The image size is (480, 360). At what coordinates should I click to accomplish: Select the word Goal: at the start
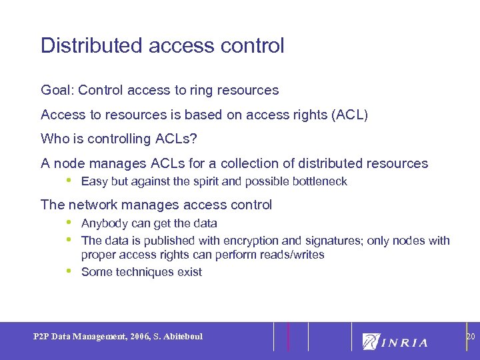(x=57, y=90)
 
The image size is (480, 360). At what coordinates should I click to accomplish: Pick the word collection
(x=252, y=163)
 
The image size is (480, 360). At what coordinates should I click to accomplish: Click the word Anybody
(x=103, y=223)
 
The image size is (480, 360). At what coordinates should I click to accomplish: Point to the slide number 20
(x=470, y=337)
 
